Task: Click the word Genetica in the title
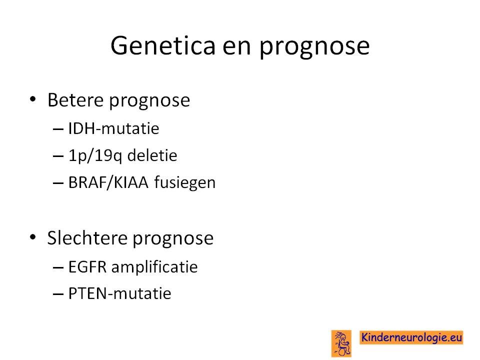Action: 163,45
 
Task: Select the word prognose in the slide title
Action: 314,48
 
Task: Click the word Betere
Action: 75,100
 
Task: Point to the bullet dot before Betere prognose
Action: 33,99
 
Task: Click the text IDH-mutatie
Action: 113,128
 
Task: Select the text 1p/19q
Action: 95,156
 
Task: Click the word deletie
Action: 152,155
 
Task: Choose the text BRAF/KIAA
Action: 108,183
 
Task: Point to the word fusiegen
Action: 185,183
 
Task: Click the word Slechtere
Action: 87,238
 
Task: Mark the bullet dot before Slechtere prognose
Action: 33,237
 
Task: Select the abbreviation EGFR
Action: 87,266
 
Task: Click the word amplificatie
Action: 154,267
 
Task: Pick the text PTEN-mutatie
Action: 119,293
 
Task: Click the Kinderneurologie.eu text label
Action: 411,337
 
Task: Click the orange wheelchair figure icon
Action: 341,343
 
